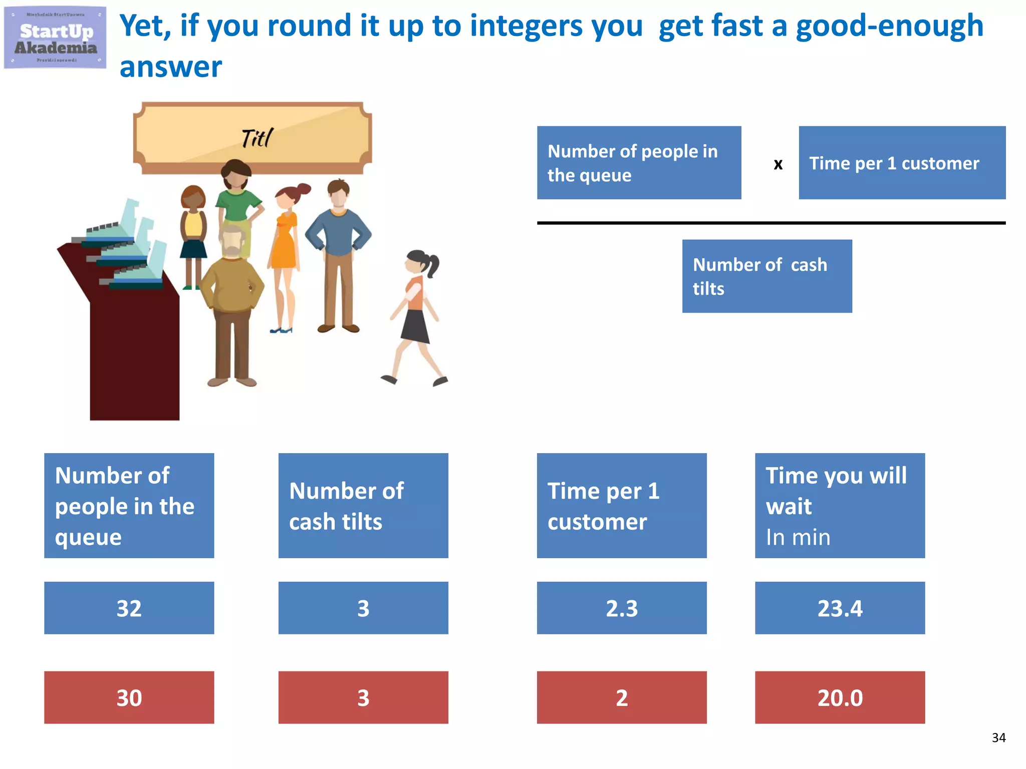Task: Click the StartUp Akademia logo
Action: (x=55, y=38)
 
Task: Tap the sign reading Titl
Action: (x=252, y=138)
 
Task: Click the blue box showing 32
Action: (x=129, y=608)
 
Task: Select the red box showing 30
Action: (x=129, y=697)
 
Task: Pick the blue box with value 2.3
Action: (x=621, y=608)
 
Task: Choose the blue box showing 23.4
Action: (x=840, y=608)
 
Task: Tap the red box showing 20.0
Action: (x=840, y=697)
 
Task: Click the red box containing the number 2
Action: (x=621, y=697)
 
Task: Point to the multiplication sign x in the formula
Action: (x=778, y=164)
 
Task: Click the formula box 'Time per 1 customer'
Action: (x=902, y=163)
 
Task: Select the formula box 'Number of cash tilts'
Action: (x=766, y=276)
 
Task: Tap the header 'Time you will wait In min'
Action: (x=840, y=505)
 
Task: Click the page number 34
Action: (x=998, y=737)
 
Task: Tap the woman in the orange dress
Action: (x=285, y=250)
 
